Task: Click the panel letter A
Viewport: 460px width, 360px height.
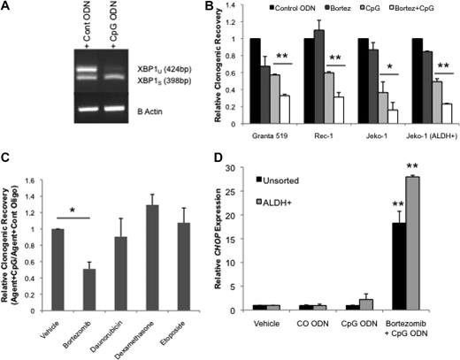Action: click(x=7, y=8)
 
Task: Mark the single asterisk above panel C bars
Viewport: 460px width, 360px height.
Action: click(x=58, y=241)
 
